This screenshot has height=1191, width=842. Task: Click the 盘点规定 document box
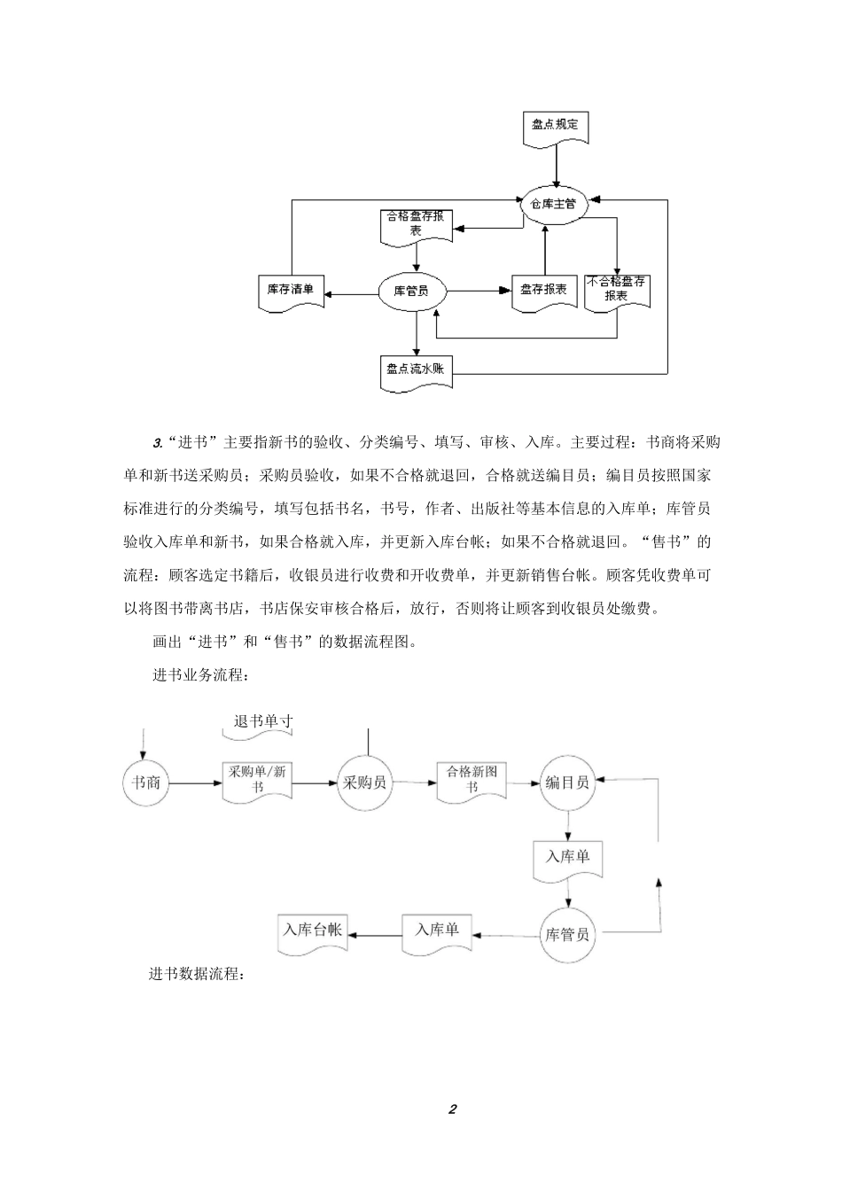(555, 125)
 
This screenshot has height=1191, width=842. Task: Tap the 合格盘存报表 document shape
(416, 225)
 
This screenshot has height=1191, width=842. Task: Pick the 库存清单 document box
(291, 290)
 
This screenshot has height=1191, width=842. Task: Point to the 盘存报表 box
(544, 290)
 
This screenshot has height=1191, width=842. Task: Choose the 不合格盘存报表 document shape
(617, 290)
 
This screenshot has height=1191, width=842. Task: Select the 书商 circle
(145, 782)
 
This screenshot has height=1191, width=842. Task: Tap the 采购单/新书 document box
(257, 780)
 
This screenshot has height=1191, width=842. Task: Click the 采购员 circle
(364, 782)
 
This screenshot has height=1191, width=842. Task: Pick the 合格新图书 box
(472, 780)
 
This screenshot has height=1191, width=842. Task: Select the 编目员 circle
(566, 782)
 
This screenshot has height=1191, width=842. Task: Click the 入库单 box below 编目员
(567, 857)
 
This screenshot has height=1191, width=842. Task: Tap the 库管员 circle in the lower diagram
(566, 934)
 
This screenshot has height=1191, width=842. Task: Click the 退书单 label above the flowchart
(262, 721)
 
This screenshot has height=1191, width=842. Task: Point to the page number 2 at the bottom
(452, 1109)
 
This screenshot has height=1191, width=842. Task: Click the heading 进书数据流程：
(197, 973)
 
